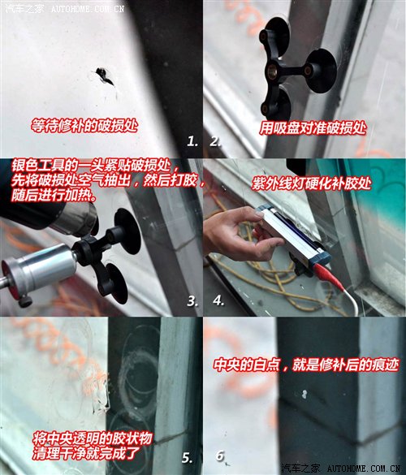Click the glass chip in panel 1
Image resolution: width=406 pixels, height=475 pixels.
point(104,76)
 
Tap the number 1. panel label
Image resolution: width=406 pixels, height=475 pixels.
point(192,140)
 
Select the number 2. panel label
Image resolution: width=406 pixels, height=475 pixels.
point(216,140)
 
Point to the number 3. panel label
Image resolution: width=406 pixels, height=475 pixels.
point(192,300)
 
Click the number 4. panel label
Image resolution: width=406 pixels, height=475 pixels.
point(218,300)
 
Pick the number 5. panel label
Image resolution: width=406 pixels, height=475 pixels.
point(188,457)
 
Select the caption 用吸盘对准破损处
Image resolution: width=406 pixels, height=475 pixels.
point(313,128)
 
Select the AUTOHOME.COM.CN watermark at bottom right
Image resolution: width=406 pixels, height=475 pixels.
point(361,469)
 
